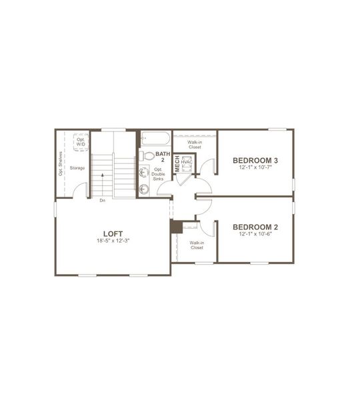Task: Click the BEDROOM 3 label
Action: click(255, 160)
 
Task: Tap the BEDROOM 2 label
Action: click(255, 227)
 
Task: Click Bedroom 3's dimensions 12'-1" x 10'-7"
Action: click(255, 167)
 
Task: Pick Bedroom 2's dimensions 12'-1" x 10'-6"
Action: click(255, 235)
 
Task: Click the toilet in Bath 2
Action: click(145, 156)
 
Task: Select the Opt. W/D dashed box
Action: click(81, 141)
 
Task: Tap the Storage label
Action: click(77, 168)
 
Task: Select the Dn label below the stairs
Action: click(102, 200)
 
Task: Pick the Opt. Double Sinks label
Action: click(159, 175)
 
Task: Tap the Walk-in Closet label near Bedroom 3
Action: click(195, 144)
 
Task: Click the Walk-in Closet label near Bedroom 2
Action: click(196, 245)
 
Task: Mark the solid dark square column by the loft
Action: click(176, 227)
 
